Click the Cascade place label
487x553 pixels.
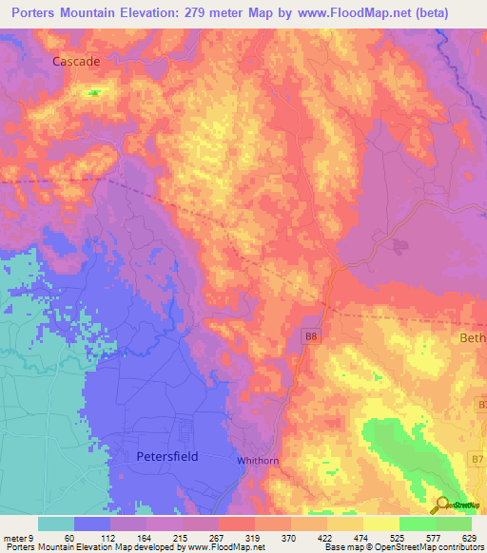tap(76, 60)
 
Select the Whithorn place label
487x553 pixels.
tap(257, 460)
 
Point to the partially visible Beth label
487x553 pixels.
tap(473, 338)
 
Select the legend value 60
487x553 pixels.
tap(68, 537)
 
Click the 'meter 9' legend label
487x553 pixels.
tap(19, 537)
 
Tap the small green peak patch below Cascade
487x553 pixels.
tap(94, 93)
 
